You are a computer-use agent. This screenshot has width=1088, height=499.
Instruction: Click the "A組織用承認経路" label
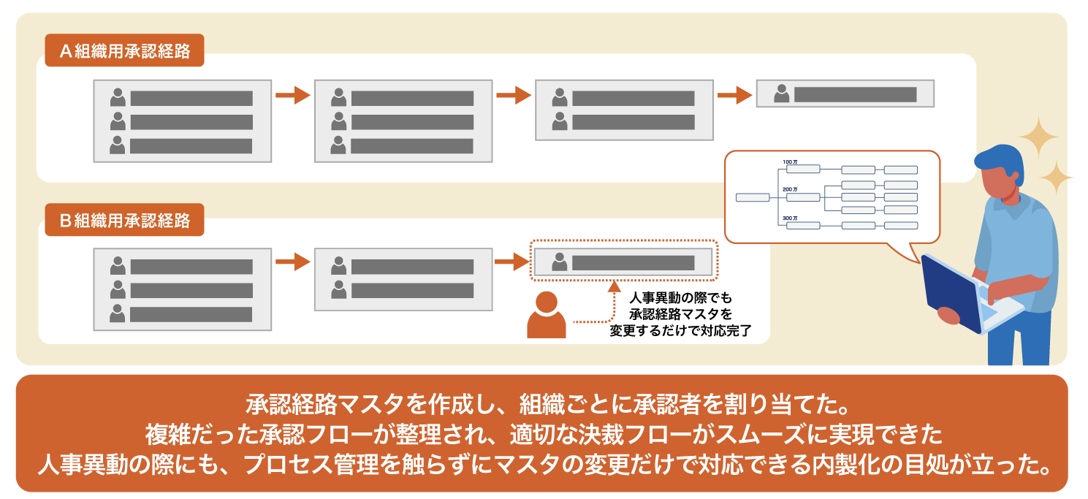pos(124,50)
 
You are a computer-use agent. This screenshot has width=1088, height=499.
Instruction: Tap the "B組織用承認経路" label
pos(124,220)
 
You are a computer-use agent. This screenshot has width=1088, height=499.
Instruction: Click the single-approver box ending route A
pos(845,94)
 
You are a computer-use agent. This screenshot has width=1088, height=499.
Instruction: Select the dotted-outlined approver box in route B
pos(624,260)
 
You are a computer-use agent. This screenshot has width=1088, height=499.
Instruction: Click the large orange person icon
pos(547,315)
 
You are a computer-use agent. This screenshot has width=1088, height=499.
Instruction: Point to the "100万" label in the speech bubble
pos(790,161)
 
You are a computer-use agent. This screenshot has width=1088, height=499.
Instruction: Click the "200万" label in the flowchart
pos(790,189)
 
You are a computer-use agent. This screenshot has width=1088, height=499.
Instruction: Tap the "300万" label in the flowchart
pos(790,218)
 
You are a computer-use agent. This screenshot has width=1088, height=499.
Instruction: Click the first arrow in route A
pos(293,95)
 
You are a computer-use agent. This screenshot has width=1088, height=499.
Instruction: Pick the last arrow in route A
pos(735,95)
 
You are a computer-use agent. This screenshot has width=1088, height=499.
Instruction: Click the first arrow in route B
pos(293,262)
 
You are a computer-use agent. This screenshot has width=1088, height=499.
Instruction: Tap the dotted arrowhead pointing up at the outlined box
pos(615,286)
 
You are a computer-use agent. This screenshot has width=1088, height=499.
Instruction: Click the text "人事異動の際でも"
pos(680,297)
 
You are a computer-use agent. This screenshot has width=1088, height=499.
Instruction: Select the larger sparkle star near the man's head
pos(1039,137)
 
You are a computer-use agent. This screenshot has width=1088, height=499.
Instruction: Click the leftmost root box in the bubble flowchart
pos(753,197)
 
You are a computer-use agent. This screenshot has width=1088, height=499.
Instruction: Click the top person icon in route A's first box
pos(118,97)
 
